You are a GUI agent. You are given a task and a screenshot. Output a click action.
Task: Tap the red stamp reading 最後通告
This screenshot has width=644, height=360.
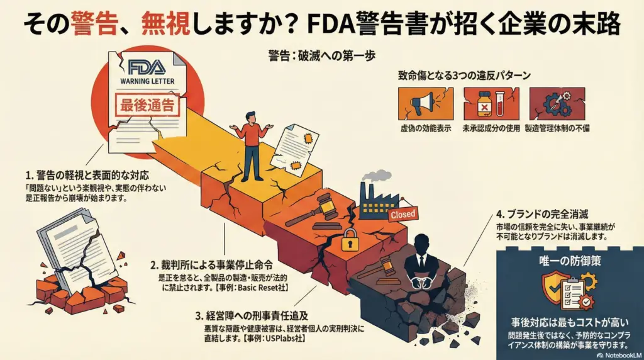tap(148, 106)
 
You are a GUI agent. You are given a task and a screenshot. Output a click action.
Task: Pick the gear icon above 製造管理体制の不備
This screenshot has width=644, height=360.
tap(557, 103)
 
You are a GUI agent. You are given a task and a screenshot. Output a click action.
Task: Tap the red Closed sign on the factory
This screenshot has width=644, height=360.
tap(402, 214)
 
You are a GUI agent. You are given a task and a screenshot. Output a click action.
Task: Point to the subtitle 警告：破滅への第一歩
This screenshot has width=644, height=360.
tap(321, 55)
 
